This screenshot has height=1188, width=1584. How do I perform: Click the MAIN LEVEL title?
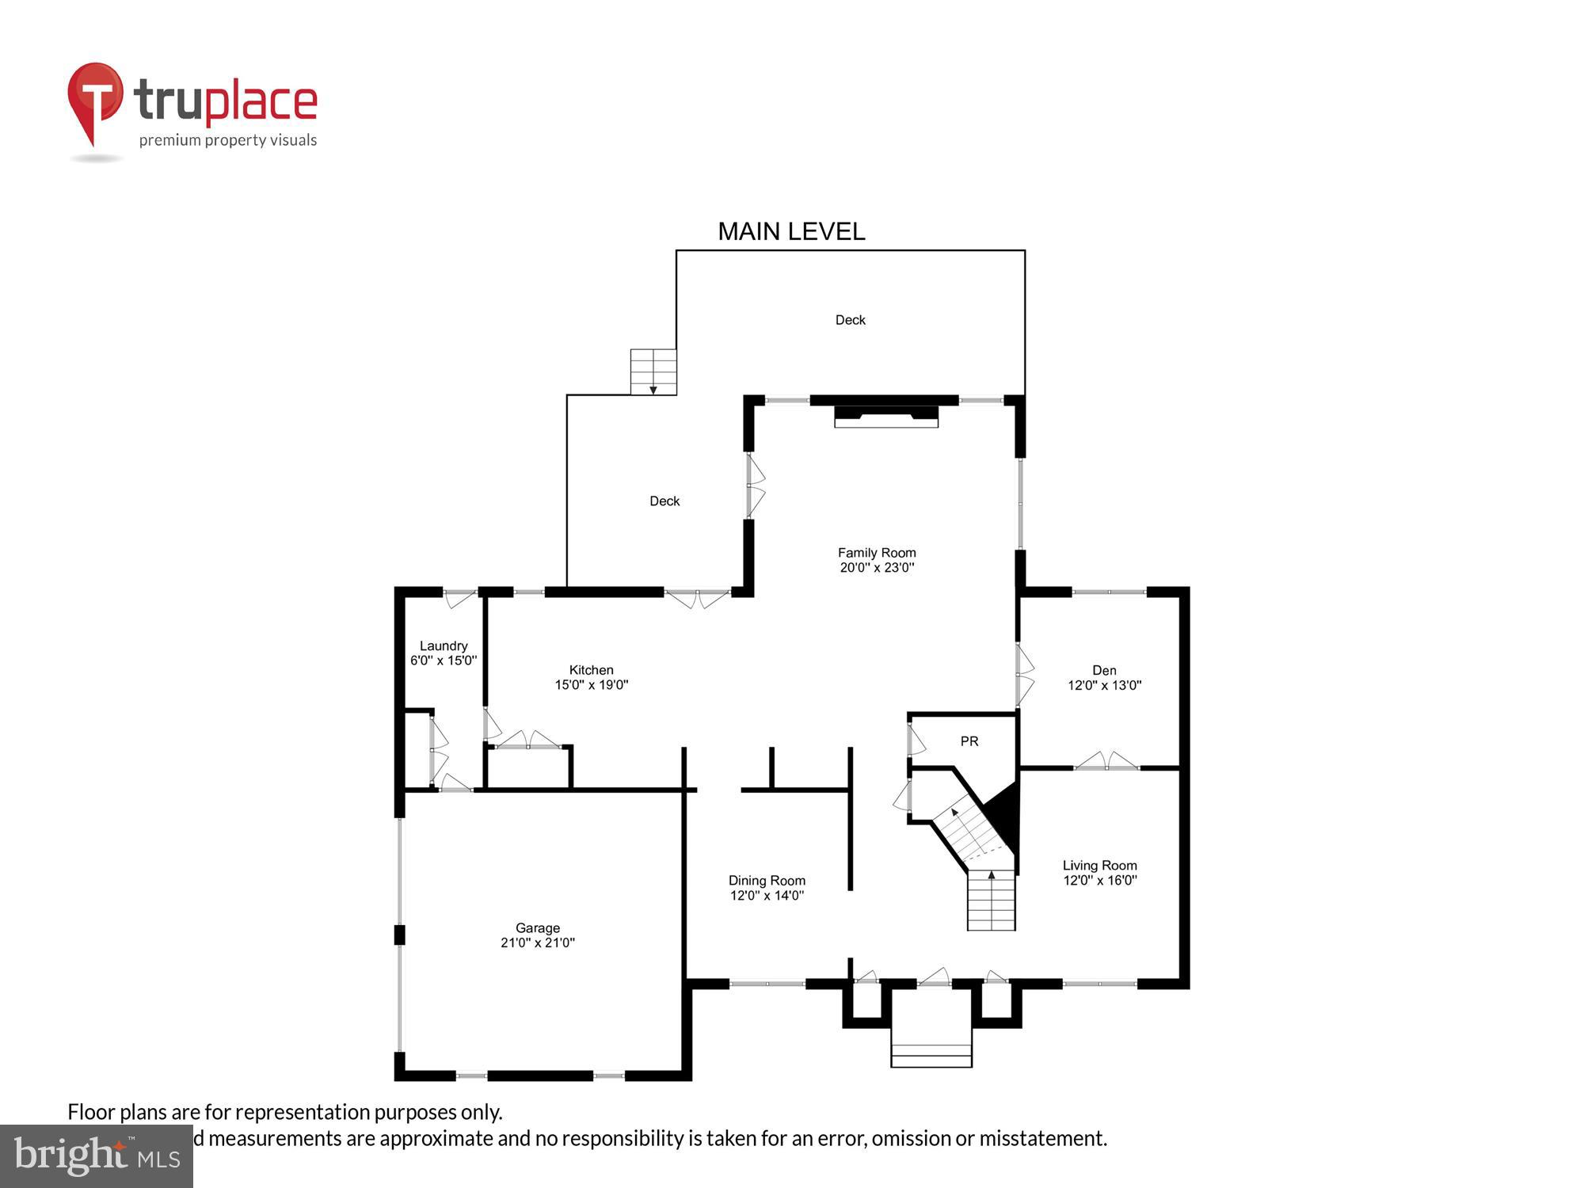[791, 231]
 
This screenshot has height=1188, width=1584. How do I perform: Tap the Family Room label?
[877, 553]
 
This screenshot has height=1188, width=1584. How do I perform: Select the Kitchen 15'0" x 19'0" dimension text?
[591, 685]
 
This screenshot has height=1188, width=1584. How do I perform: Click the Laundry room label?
[444, 645]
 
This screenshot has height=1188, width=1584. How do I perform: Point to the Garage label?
[538, 927]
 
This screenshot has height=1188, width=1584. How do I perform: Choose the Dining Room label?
[767, 881]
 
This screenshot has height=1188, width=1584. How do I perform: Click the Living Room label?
[1099, 866]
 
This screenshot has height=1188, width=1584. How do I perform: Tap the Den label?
[1104, 670]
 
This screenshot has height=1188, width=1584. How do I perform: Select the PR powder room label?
[969, 741]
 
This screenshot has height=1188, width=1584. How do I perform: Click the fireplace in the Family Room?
[886, 416]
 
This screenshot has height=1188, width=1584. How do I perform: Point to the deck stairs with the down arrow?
[653, 371]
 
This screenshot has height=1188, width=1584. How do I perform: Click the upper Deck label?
[851, 320]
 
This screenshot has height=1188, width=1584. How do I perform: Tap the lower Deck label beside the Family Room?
[664, 501]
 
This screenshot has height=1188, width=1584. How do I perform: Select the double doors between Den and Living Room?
[1106, 762]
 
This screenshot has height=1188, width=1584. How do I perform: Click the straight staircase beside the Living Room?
[992, 901]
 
